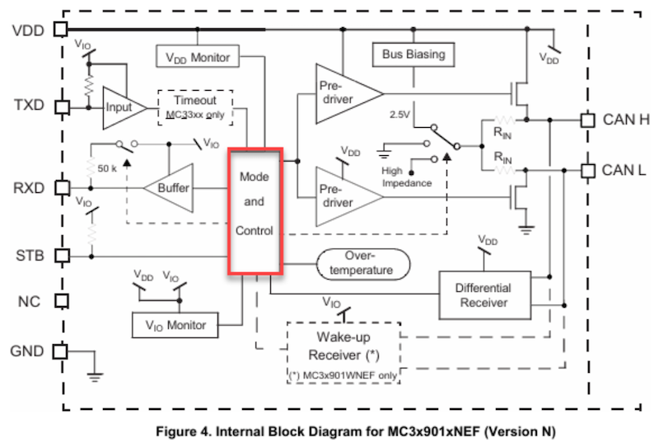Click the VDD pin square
(59, 30)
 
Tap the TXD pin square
(59, 106)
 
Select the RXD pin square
(59, 187)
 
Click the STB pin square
(59, 255)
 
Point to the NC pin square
(59, 301)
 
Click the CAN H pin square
(587, 119)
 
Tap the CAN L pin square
(587, 171)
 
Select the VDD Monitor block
(197, 57)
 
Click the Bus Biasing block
(413, 54)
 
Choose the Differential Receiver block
(483, 295)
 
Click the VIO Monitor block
(175, 324)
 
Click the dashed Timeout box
(194, 106)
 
